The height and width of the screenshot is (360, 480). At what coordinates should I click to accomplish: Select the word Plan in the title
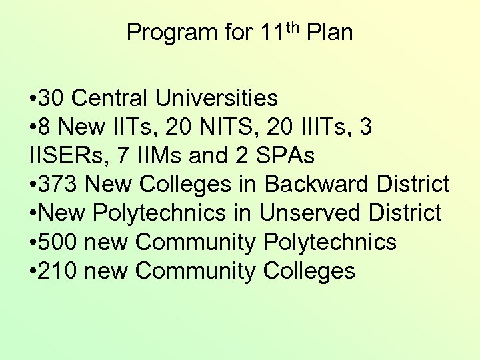click(x=329, y=32)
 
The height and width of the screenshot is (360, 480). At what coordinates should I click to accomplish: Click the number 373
click(x=59, y=185)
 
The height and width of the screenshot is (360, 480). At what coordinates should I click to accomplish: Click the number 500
click(x=59, y=242)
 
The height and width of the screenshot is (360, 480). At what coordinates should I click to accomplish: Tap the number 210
click(x=59, y=271)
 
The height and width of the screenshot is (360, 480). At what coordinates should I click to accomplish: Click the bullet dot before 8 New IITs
click(x=33, y=128)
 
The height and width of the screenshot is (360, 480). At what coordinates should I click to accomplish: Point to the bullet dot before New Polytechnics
click(x=33, y=214)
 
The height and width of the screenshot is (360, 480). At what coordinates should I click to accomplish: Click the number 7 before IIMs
click(x=123, y=156)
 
